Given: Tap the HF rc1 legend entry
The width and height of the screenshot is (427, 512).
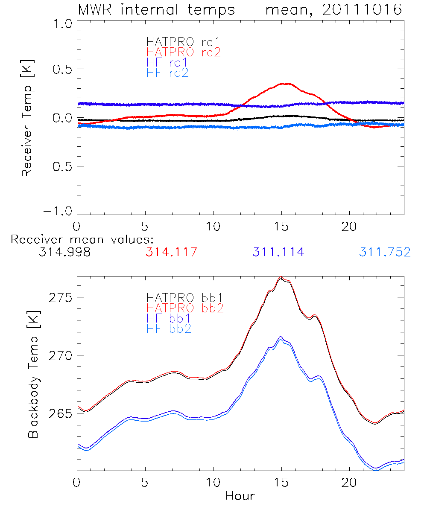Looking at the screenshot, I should coord(167,63).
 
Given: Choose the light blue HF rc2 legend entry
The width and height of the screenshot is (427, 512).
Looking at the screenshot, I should coord(167,73).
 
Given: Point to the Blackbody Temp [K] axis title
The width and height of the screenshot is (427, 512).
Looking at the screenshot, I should coord(33,373).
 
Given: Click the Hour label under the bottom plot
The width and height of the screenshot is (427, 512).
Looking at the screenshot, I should coord(240,496).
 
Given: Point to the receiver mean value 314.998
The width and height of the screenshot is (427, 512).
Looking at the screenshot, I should coord(64,252).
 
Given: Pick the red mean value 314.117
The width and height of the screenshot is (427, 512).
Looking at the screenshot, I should coord(171,252).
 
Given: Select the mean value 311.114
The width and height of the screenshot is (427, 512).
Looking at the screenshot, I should coord(278,252).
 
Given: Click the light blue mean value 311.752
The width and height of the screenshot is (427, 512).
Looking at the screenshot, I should coord(385,252).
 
